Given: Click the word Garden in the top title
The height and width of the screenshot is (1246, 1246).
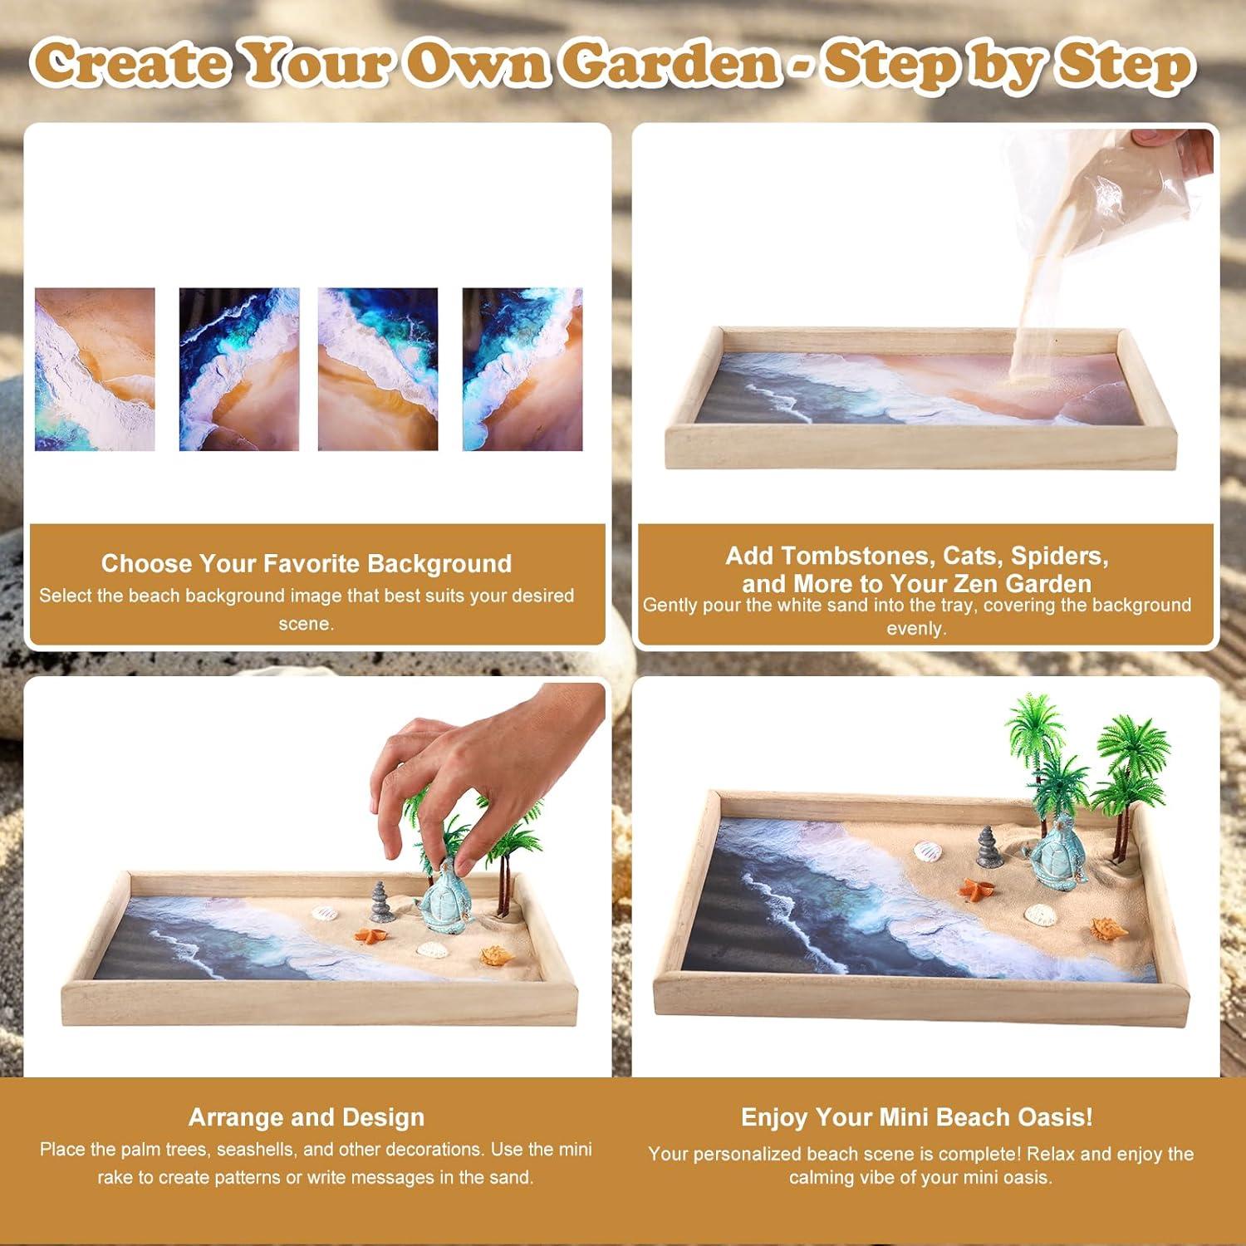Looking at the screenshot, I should pos(670,63).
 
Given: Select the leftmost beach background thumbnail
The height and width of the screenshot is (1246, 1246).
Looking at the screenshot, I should pos(95,370).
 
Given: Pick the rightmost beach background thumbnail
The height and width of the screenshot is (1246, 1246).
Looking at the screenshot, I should pos(522,370).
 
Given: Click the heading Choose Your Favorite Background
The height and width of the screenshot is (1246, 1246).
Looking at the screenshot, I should pos(306,564).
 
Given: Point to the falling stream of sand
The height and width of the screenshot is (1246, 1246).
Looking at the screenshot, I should pos(1030,316).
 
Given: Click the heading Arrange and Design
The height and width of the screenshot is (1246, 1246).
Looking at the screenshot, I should pos(306,1117).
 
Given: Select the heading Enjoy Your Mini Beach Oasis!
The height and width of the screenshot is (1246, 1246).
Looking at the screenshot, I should pos(916,1117).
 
